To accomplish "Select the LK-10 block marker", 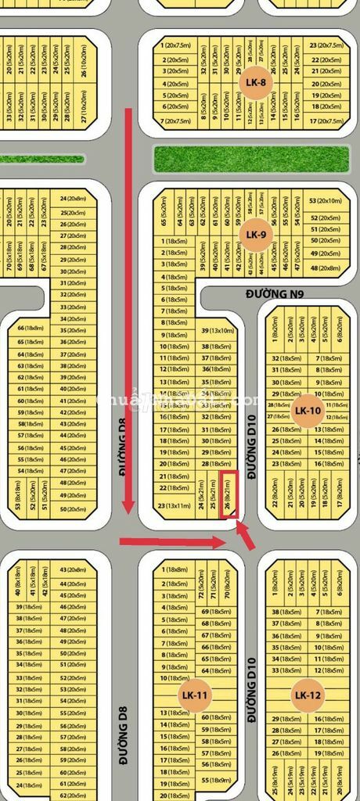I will [x=308, y=410].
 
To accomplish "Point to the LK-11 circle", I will [x=194, y=695].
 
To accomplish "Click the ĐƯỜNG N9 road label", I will [x=274, y=294].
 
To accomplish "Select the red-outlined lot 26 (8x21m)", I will [x=229, y=494].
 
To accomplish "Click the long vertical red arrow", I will [x=129, y=313].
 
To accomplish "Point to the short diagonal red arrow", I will [x=247, y=537].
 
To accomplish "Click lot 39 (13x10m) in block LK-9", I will [x=217, y=331].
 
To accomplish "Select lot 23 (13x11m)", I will [x=173, y=506].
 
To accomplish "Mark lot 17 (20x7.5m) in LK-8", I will [x=326, y=121].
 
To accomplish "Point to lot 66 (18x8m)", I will [x=30, y=329].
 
